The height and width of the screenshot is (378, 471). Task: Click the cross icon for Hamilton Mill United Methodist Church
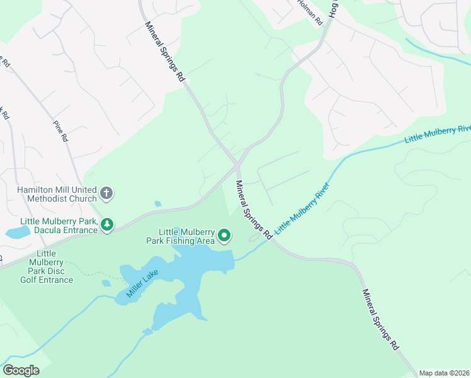click(106, 193)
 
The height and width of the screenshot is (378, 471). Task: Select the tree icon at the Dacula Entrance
click(108, 224)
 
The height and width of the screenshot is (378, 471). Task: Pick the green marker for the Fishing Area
click(224, 236)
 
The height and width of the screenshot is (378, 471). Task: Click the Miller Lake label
click(144, 281)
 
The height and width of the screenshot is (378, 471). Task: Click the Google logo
click(21, 370)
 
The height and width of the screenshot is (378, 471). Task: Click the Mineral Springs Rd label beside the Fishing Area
click(254, 210)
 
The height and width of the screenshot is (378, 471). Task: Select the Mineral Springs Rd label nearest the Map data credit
click(380, 319)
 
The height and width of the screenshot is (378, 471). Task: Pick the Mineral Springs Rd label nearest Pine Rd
click(164, 52)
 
